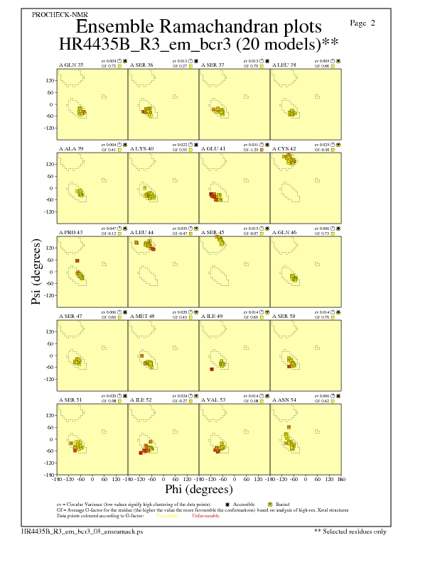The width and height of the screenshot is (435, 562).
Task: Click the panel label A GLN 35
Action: [x=70, y=65]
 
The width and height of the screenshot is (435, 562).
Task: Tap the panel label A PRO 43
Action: [x=70, y=232]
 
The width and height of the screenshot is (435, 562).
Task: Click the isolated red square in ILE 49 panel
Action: [x=212, y=370]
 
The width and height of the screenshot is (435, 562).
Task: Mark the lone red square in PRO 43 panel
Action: [x=77, y=261]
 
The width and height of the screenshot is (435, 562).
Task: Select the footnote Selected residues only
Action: [x=350, y=530]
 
